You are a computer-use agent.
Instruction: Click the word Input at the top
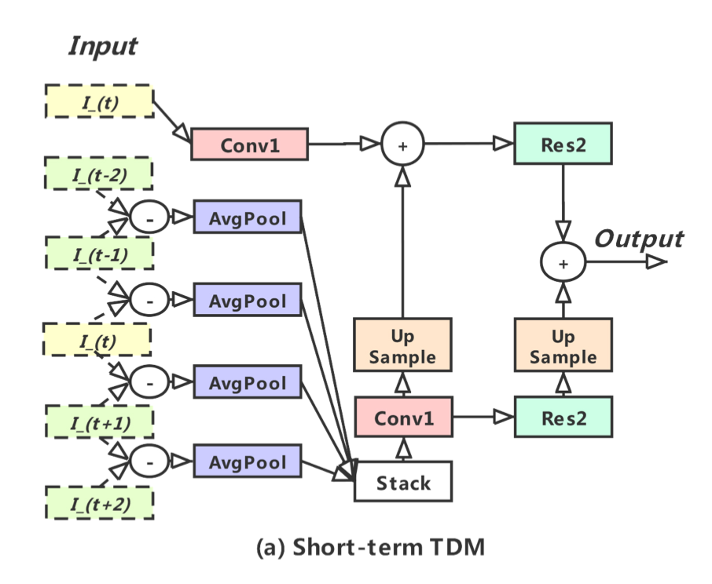(103, 46)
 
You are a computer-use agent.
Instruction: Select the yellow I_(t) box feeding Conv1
(98, 102)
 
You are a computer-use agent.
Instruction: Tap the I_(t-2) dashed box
(98, 174)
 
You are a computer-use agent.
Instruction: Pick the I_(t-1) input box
(98, 255)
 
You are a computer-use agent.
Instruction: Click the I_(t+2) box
(98, 503)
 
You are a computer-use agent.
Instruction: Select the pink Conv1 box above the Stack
(404, 417)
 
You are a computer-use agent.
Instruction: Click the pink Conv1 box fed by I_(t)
(248, 144)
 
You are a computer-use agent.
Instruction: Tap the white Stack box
(404, 481)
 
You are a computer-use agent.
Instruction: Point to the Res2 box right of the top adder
(563, 144)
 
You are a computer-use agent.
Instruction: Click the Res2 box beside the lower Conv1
(563, 417)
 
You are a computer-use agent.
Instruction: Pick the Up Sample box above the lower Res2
(563, 346)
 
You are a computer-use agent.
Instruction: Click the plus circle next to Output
(563, 263)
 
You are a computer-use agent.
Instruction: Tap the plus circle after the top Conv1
(402, 144)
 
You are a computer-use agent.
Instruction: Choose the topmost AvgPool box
(248, 216)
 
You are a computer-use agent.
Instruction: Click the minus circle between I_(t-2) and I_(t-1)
(149, 217)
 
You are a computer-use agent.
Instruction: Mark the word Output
(638, 238)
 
